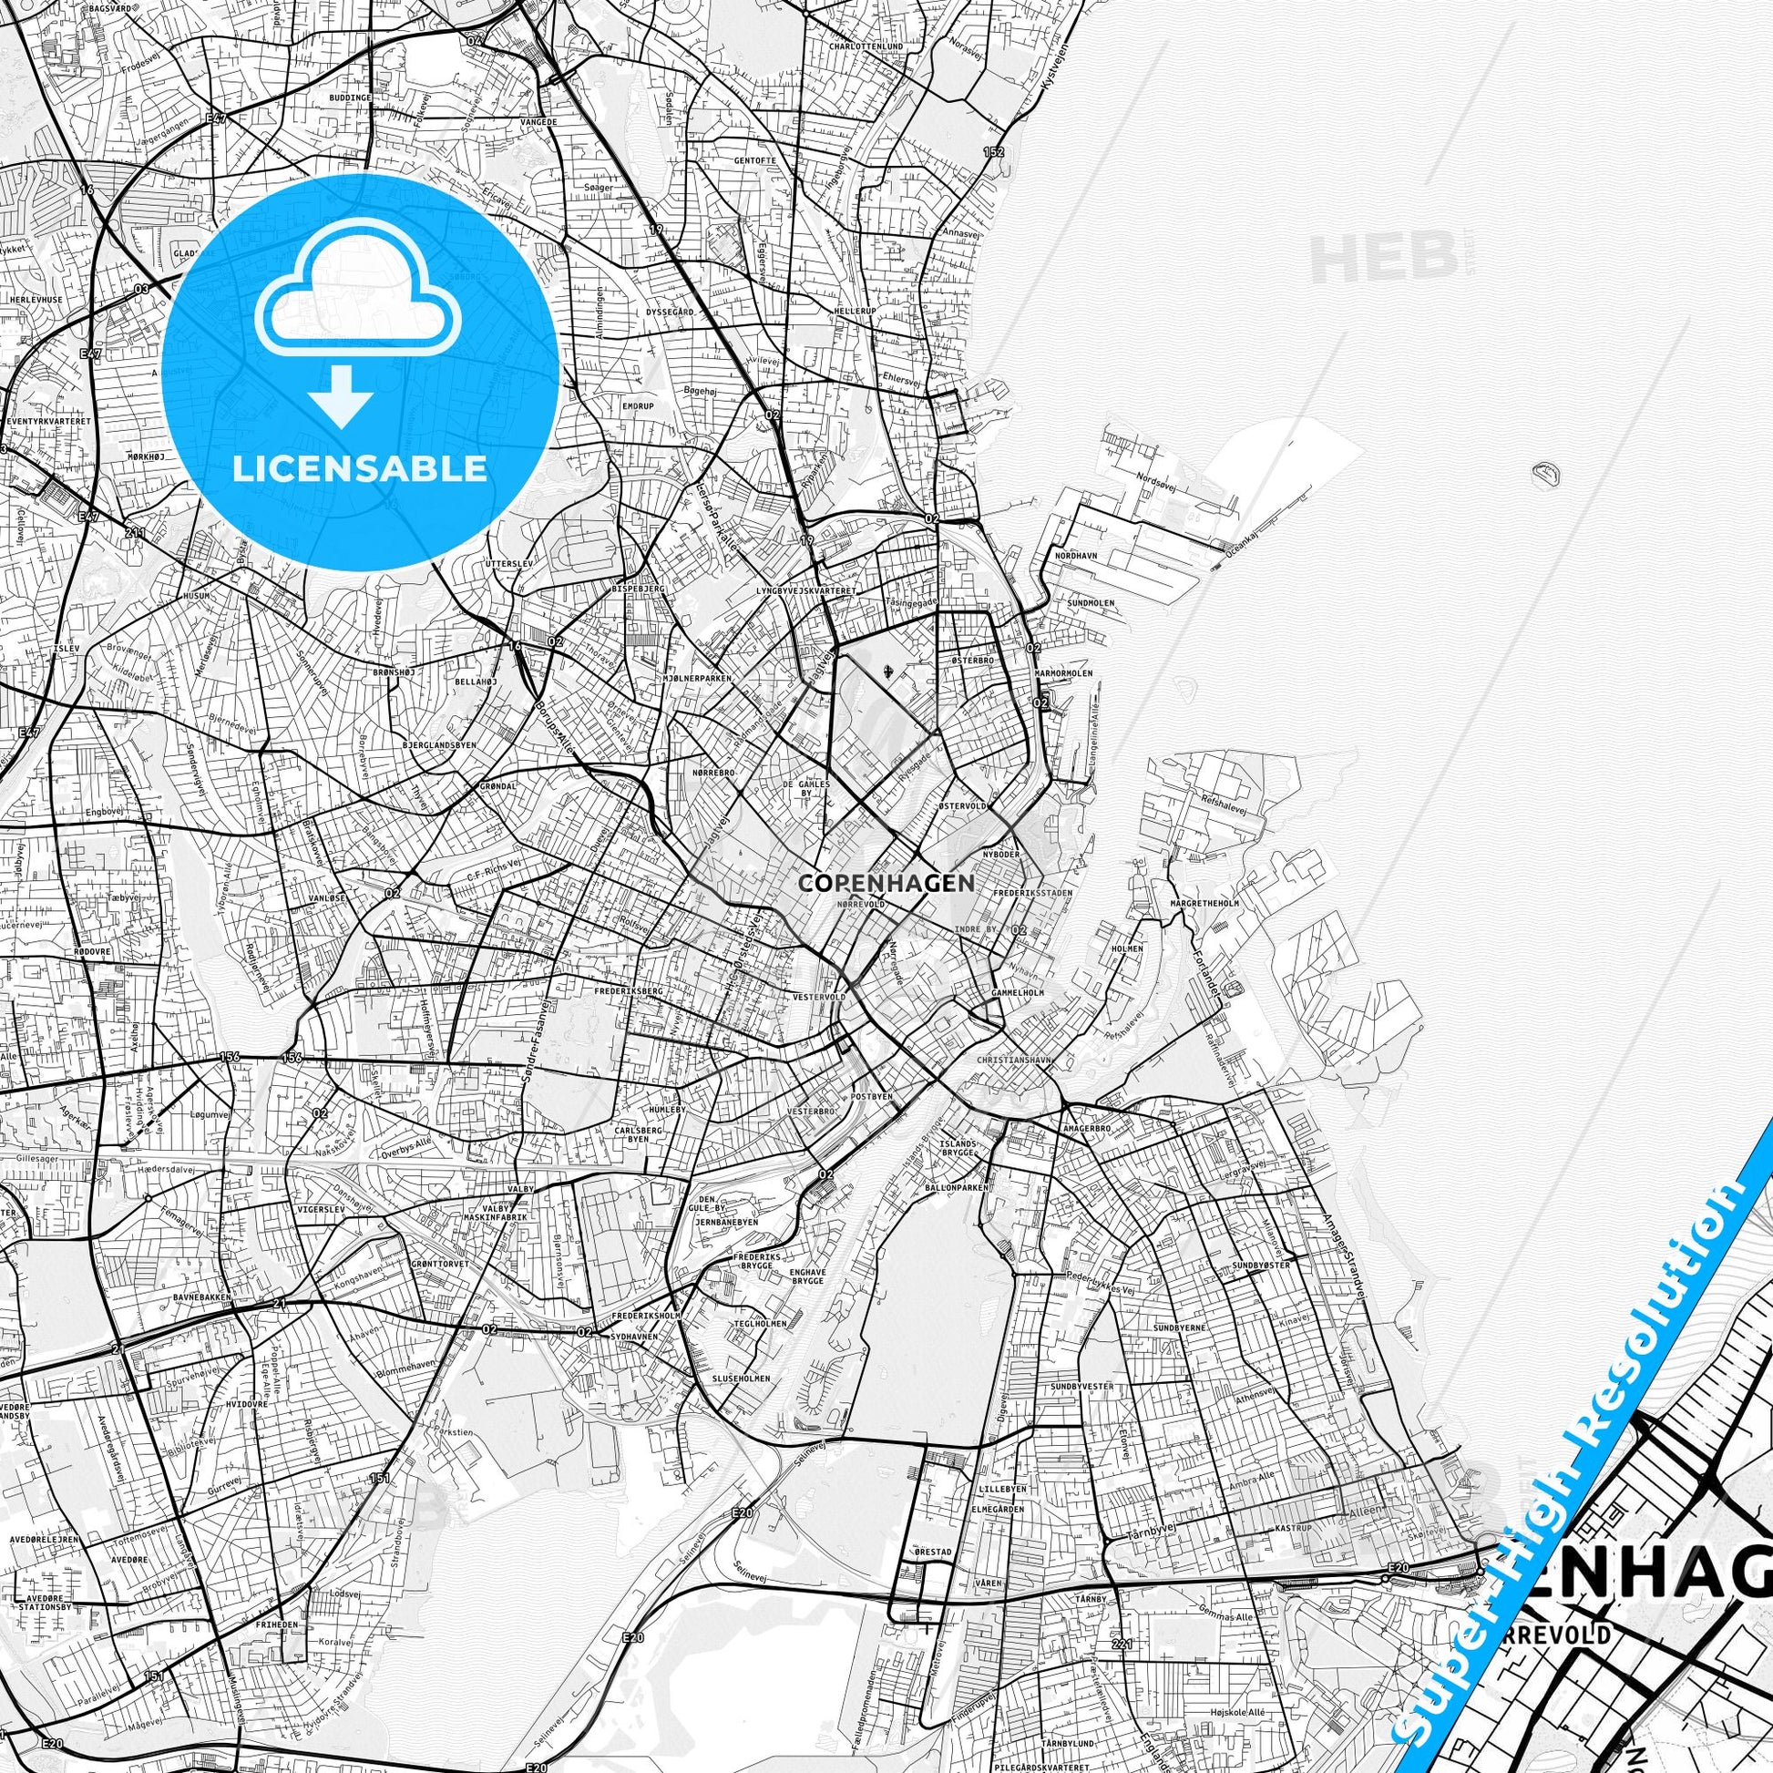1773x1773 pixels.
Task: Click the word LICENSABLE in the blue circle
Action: coord(359,469)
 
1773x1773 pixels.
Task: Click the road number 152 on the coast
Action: coord(993,151)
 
